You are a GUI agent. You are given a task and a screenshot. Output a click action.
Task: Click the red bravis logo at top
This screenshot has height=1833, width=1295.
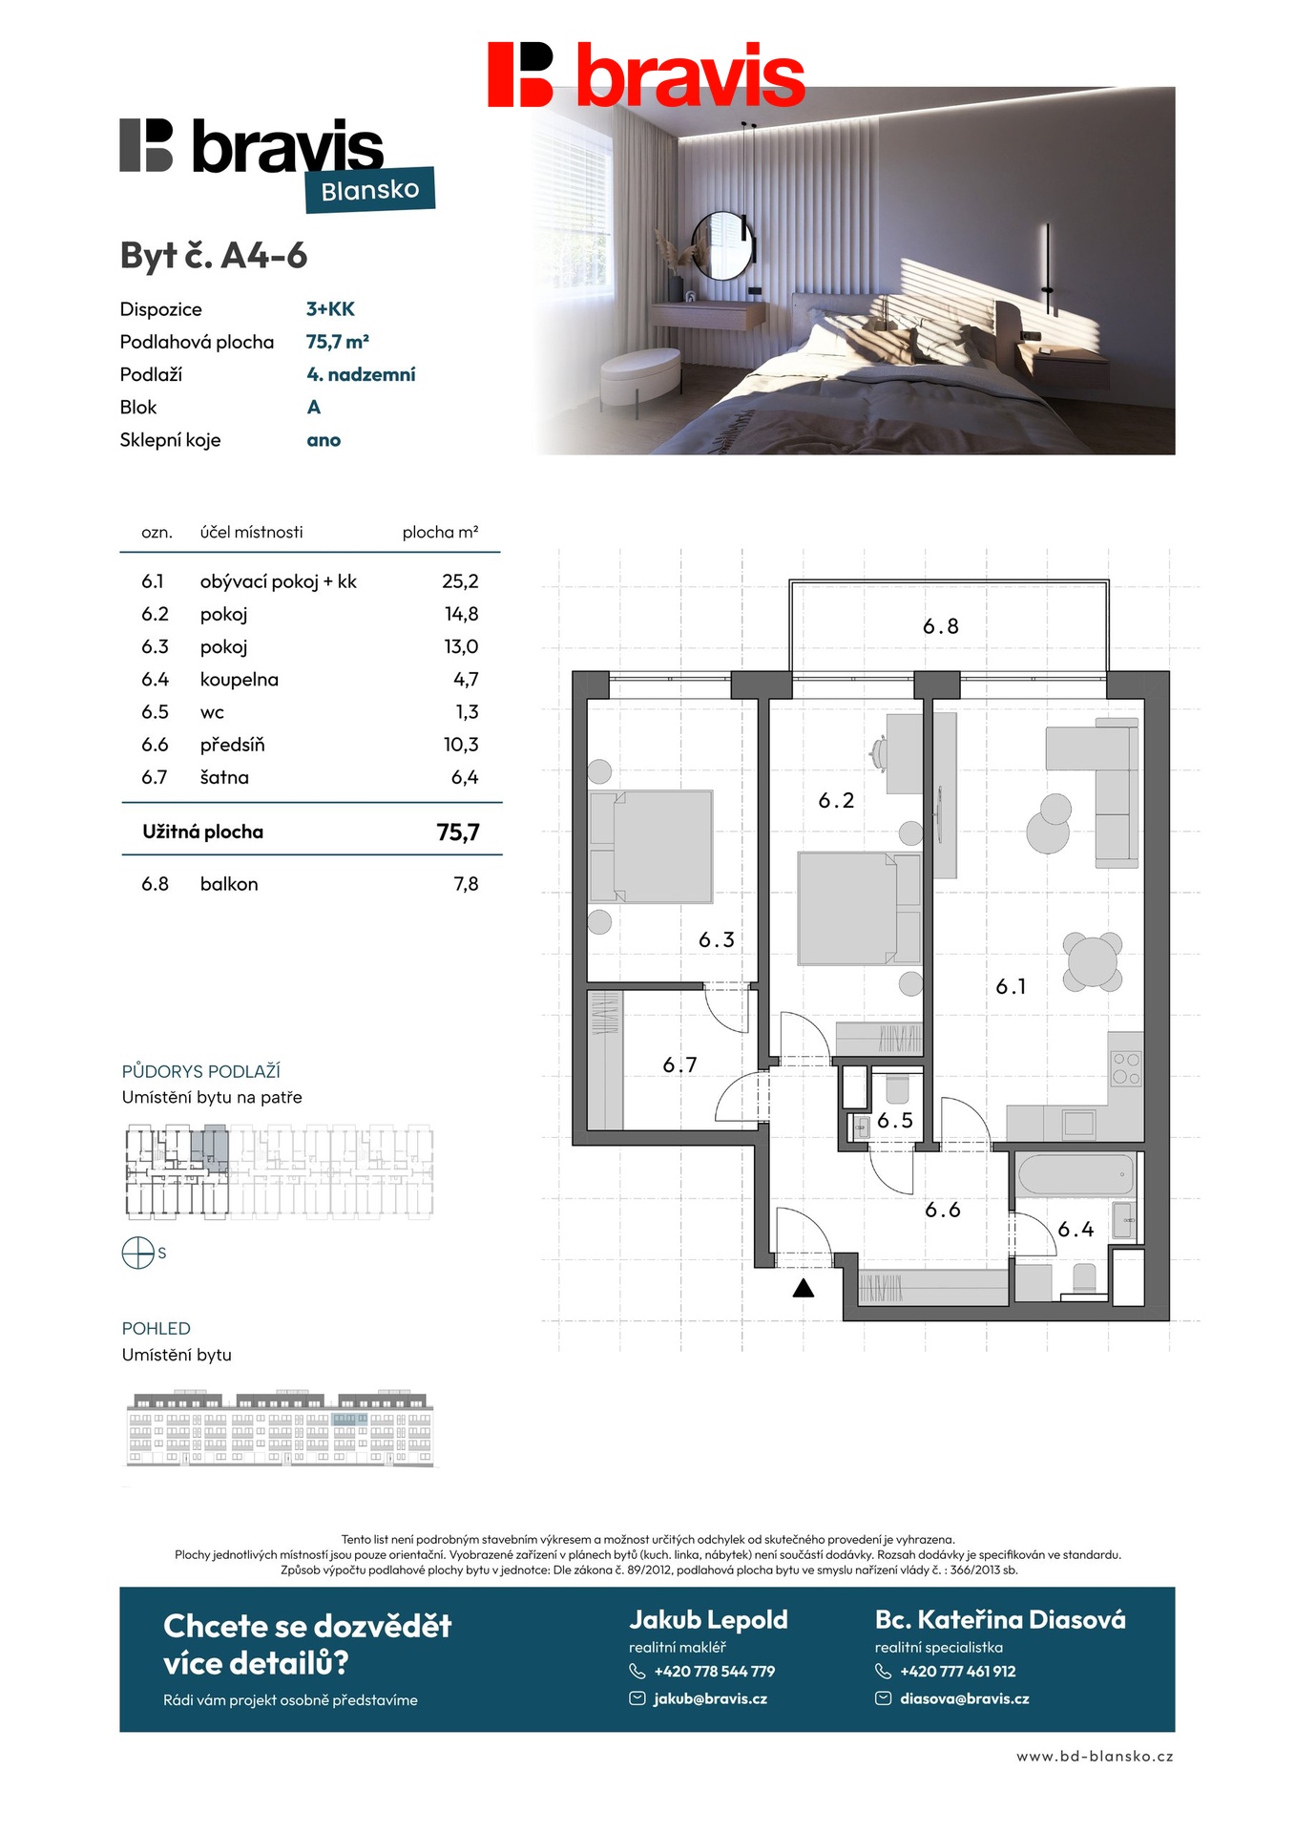(x=646, y=74)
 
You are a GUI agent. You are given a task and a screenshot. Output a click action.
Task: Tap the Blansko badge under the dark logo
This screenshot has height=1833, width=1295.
(x=370, y=190)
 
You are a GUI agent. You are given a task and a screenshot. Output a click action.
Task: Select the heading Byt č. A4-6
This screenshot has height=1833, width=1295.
(x=214, y=256)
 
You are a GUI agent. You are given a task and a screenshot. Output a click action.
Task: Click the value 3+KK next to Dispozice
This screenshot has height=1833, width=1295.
(x=330, y=309)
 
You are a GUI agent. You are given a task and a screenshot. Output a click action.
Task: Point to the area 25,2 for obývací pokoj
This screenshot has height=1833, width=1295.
(x=460, y=581)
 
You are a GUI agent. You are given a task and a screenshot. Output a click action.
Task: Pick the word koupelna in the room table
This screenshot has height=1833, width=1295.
(x=240, y=680)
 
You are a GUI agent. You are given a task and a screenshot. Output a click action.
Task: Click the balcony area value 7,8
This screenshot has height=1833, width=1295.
(x=466, y=884)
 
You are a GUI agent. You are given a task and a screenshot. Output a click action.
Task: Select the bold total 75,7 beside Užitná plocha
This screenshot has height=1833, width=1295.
(x=457, y=832)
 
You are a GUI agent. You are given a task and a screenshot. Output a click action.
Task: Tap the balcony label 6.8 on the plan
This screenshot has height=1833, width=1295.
(x=940, y=626)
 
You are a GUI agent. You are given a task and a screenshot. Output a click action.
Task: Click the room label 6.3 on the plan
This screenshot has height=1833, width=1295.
(x=717, y=940)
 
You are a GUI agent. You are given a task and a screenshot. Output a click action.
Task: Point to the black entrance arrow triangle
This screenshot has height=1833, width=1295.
(x=804, y=1289)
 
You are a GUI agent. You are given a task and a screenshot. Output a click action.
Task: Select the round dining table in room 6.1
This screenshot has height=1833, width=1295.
(x=1092, y=961)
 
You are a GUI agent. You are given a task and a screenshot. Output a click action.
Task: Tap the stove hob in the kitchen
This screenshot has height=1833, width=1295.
(x=1126, y=1067)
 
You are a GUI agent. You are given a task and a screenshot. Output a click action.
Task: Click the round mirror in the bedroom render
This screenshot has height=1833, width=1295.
(x=722, y=245)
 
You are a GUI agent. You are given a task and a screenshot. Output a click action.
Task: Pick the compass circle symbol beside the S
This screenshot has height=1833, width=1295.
(x=138, y=1253)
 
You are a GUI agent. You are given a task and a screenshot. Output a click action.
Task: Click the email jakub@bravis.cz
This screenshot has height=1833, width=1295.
(x=710, y=1698)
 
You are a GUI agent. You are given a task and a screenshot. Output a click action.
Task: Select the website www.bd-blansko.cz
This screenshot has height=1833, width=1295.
(x=1095, y=1756)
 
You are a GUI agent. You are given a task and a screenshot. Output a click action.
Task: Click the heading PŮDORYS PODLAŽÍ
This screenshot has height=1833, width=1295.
(x=201, y=1071)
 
